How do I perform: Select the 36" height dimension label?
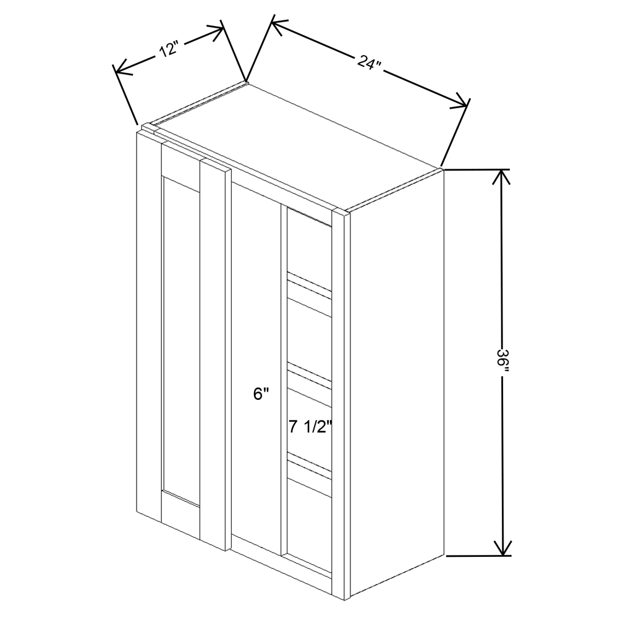coord(504,362)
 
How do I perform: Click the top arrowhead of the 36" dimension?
coord(502,176)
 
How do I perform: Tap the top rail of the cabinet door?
coord(180,163)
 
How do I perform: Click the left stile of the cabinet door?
coord(148,321)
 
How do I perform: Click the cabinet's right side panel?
coord(396,383)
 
